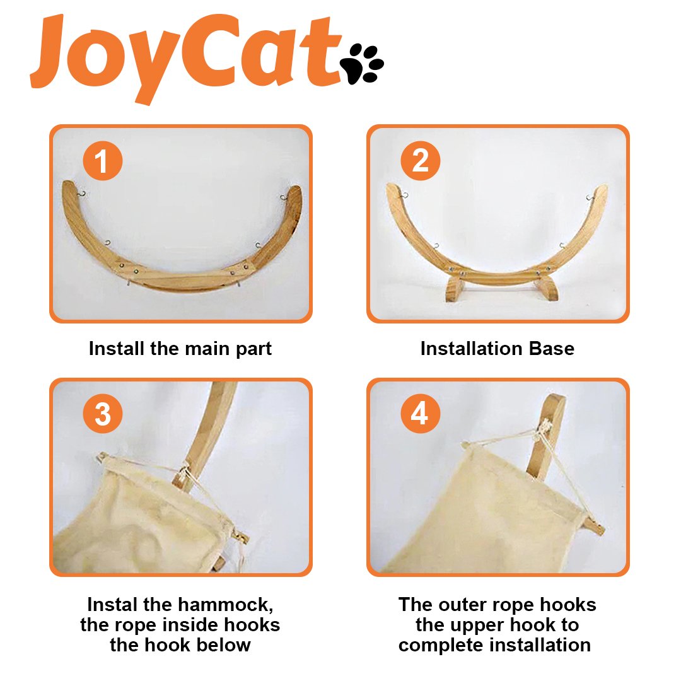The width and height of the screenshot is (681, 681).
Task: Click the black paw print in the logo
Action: [x=362, y=64]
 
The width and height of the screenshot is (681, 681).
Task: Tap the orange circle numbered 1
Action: [x=103, y=160]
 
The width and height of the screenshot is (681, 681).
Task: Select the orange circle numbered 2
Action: [x=420, y=160]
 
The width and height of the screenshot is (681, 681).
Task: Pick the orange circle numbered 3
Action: [x=103, y=414]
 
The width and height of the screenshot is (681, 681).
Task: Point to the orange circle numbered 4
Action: [x=420, y=414]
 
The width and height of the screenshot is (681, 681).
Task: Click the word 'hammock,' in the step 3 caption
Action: [x=225, y=605]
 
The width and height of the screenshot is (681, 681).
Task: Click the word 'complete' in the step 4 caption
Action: [x=441, y=646]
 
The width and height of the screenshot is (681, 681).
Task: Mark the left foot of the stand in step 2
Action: [x=455, y=289]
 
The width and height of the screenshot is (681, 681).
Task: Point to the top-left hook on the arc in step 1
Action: [x=81, y=194]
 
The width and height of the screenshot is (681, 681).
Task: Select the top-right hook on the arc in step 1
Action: [x=283, y=197]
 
